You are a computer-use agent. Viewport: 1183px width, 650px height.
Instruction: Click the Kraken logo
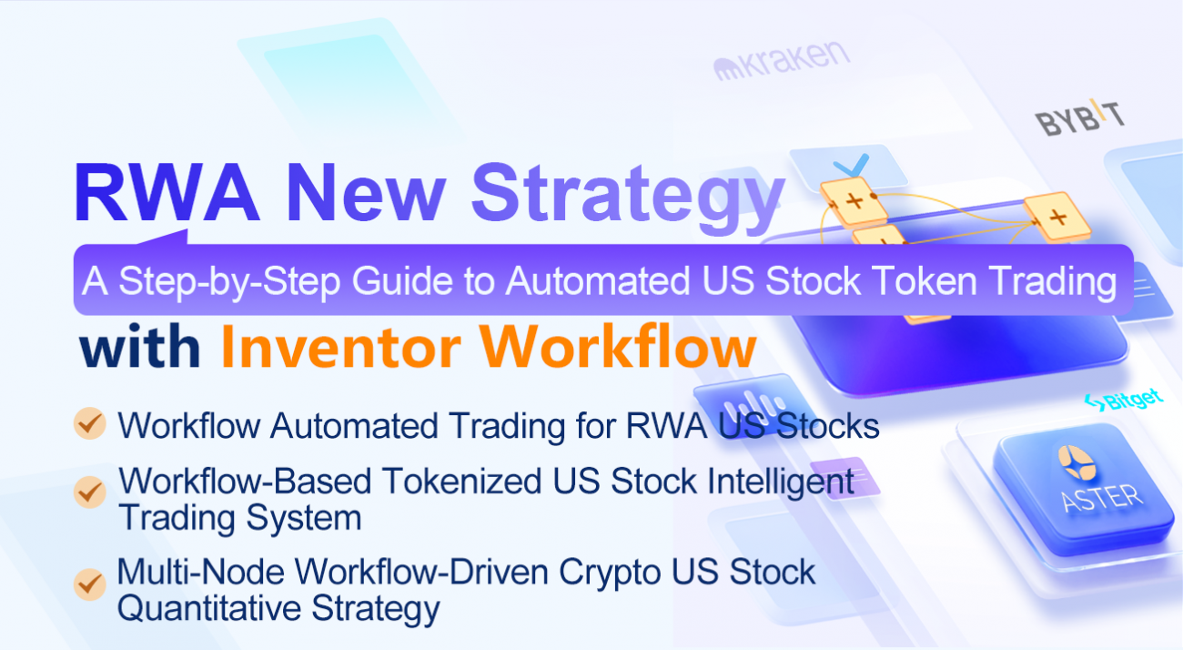pyautogui.click(x=783, y=62)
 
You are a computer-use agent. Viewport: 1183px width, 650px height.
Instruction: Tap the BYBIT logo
pyautogui.click(x=1079, y=119)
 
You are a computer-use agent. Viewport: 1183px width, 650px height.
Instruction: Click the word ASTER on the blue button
pyautogui.click(x=1101, y=496)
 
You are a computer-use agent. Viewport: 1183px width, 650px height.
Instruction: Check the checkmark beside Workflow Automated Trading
pyautogui.click(x=89, y=424)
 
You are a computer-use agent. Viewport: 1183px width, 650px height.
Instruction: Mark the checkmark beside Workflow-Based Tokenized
pyautogui.click(x=89, y=493)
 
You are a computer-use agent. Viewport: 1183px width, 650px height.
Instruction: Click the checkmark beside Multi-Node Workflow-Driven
pyautogui.click(x=89, y=584)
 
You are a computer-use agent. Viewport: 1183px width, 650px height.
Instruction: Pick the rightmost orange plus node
pyautogui.click(x=1057, y=218)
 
